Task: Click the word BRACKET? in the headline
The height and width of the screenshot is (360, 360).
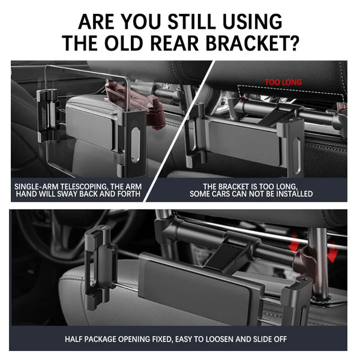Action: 253,43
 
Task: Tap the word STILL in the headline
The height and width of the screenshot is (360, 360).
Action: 193,21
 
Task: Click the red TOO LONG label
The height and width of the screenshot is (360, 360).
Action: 283,82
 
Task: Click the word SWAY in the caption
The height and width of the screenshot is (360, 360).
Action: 67,194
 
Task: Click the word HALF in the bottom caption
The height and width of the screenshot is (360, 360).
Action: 73,339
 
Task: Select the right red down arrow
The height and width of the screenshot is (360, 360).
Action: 332,252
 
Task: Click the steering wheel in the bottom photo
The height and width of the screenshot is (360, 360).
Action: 76,236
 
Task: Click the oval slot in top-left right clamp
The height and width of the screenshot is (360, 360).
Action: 135,145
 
